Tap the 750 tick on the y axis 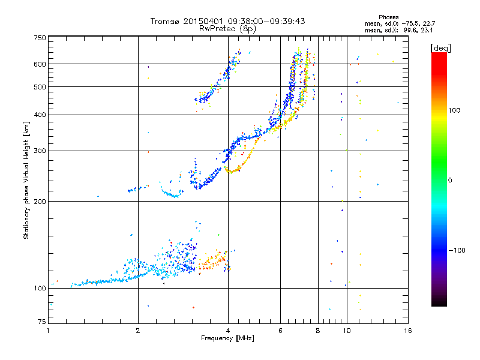tap(39, 38)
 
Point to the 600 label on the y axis tap(39, 64)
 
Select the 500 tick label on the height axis tap(39, 87)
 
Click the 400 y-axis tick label tap(39, 115)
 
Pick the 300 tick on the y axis tap(39, 151)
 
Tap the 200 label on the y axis tap(39, 202)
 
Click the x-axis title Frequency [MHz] tap(227, 339)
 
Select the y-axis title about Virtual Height tap(26, 180)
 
